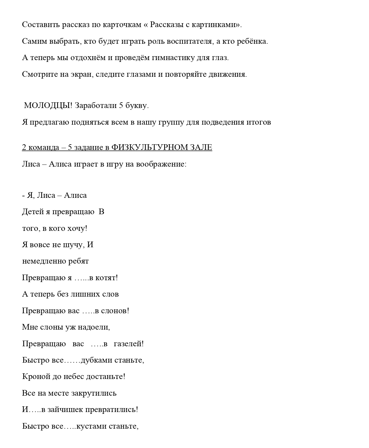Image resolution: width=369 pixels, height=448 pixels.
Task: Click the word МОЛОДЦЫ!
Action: [48, 106]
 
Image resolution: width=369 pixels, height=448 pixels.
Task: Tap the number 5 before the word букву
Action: [121, 106]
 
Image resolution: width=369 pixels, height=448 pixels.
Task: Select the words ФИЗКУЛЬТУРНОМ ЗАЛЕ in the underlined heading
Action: [162, 148]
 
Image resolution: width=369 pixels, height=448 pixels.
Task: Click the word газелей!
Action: [129, 344]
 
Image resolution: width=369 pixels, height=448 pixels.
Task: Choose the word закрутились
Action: [94, 393]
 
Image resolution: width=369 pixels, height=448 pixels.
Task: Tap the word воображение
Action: [161, 164]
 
